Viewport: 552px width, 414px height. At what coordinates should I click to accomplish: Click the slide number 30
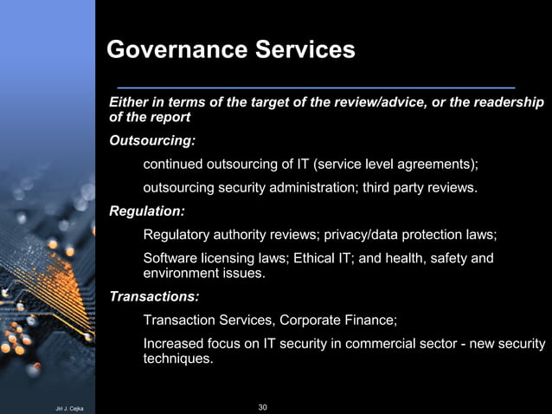click(263, 406)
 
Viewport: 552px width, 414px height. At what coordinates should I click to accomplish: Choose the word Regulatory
click(177, 235)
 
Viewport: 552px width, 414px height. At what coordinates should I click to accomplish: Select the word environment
click(181, 274)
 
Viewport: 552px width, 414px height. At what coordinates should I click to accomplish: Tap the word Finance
click(371, 320)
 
